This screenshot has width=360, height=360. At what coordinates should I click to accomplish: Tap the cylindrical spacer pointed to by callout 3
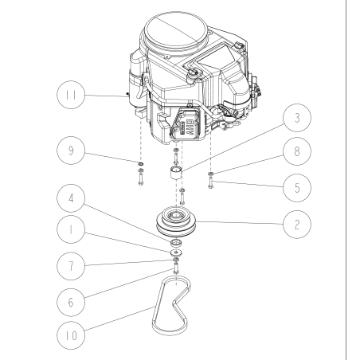click(177, 173)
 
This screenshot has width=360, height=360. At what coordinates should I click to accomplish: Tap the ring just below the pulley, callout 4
click(175, 242)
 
